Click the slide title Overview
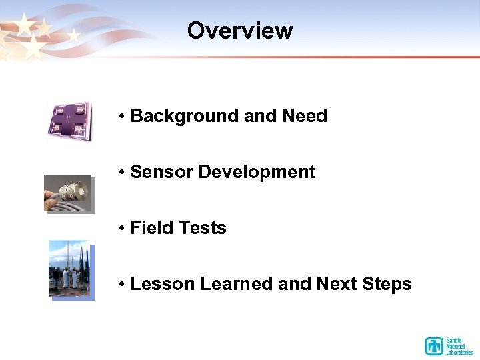click(240, 31)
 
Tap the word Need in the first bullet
click(305, 116)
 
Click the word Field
click(151, 228)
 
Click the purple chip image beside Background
click(69, 121)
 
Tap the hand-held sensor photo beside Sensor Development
click(68, 193)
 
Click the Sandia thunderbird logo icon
click(434, 346)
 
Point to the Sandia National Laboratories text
click(460, 346)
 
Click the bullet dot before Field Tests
click(122, 229)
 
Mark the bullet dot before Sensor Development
click(122, 173)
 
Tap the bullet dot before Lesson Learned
click(122, 285)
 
